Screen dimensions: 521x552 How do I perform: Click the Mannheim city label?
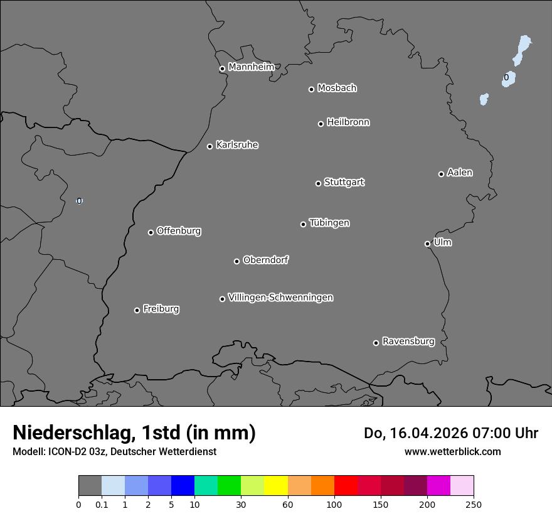(251, 67)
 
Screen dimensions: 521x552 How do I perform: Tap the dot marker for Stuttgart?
(318, 183)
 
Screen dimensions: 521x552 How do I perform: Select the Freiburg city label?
(161, 309)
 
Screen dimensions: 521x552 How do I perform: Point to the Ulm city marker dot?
(427, 244)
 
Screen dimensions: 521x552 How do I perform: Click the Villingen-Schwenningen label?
(280, 298)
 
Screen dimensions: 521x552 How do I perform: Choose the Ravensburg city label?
(408, 341)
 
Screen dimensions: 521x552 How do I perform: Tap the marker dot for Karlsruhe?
(210, 146)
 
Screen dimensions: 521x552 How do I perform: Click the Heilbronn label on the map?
(348, 122)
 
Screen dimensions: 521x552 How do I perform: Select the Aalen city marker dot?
(441, 174)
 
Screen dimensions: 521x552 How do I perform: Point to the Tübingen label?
(329, 223)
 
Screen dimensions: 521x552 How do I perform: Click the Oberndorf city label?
(265, 260)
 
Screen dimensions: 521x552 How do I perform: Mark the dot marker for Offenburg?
(151, 232)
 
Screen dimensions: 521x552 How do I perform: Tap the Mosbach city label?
(337, 89)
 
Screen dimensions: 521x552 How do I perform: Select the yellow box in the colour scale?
(275, 486)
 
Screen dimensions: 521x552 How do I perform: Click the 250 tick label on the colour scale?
(474, 504)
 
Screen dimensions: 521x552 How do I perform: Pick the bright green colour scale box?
(229, 486)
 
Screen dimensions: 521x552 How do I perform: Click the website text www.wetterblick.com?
(452, 451)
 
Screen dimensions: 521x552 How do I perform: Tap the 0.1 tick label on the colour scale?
(102, 504)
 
